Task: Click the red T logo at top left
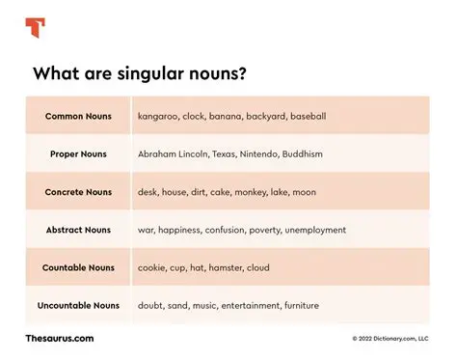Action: pyautogui.click(x=36, y=27)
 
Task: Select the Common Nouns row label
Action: pyautogui.click(x=78, y=116)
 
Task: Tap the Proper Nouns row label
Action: pyautogui.click(x=78, y=153)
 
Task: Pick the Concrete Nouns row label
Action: pyautogui.click(x=78, y=192)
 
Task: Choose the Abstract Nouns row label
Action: pyautogui.click(x=78, y=230)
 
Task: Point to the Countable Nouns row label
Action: pyautogui.click(x=78, y=267)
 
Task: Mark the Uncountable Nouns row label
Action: pyautogui.click(x=78, y=305)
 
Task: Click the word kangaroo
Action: pyautogui.click(x=160, y=116)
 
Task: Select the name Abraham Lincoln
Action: pyautogui.click(x=176, y=153)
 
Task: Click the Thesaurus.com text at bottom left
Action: pyautogui.click(x=60, y=338)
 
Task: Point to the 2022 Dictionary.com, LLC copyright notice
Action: pyautogui.click(x=390, y=339)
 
